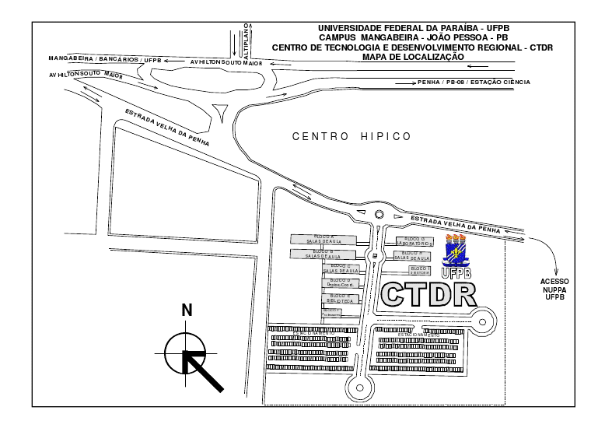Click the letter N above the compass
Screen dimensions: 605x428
coord(187,310)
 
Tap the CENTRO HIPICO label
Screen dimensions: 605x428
coord(351,136)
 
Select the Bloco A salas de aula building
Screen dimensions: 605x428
coord(323,239)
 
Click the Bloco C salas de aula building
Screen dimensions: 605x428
coord(342,268)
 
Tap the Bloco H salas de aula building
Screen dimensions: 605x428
coord(411,254)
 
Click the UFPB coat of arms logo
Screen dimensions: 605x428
coord(456,251)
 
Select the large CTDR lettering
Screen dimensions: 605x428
coord(428,294)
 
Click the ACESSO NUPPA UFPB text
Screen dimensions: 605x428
coord(554,288)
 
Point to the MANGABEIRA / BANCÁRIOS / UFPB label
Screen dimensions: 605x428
coord(104,59)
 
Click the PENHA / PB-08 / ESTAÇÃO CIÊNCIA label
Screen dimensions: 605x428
coord(474,82)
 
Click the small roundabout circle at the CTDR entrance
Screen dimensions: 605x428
coord(379,215)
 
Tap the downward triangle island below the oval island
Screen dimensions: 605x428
coord(223,109)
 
